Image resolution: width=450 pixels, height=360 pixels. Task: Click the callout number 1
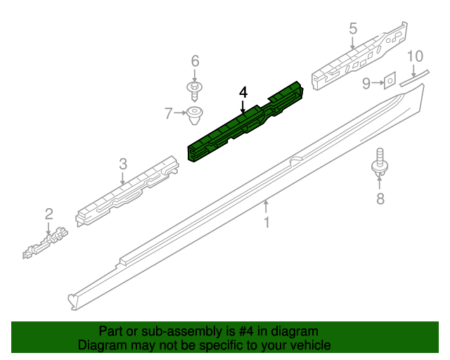pyautogui.click(x=266, y=223)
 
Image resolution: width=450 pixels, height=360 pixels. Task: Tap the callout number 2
pyautogui.click(x=49, y=214)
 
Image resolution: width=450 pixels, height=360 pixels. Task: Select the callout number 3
pyautogui.click(x=122, y=164)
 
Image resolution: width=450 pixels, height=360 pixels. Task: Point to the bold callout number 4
pyautogui.click(x=243, y=92)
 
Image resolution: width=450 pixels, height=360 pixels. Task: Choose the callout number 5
pyautogui.click(x=353, y=28)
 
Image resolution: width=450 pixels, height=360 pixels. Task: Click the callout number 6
pyautogui.click(x=195, y=60)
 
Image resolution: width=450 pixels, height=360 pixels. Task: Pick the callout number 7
pyautogui.click(x=168, y=112)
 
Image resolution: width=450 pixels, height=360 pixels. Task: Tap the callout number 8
pyautogui.click(x=380, y=199)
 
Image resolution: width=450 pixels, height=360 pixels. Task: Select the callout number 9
pyautogui.click(x=366, y=84)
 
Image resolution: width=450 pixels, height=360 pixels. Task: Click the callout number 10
pyautogui.click(x=415, y=56)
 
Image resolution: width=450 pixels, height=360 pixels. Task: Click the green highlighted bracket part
pyautogui.click(x=246, y=123)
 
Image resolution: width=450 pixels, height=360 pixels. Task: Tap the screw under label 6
pyautogui.click(x=195, y=89)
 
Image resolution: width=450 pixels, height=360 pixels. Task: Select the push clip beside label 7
pyautogui.click(x=195, y=114)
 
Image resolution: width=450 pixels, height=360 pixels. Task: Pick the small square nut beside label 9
pyautogui.click(x=388, y=82)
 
